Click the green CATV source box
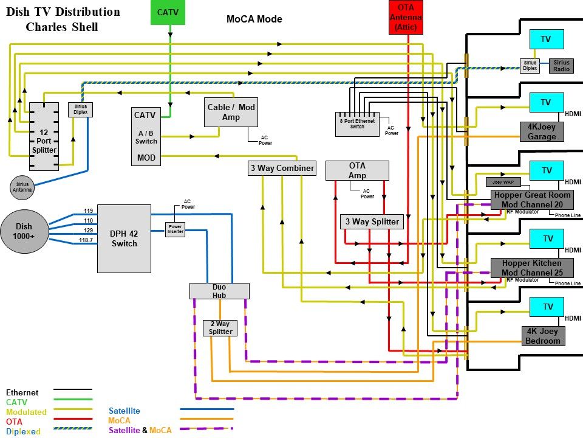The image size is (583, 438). (x=168, y=12)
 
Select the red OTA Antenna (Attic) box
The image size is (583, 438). (x=407, y=17)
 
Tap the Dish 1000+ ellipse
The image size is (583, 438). (x=24, y=232)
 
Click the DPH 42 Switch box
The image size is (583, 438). (x=124, y=238)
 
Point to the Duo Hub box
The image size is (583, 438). (x=219, y=291)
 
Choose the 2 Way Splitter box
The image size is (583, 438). (x=220, y=328)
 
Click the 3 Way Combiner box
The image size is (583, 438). (x=282, y=168)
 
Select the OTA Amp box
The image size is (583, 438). (x=356, y=170)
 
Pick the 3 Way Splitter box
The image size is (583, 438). (x=372, y=222)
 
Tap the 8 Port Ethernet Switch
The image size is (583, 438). (x=356, y=124)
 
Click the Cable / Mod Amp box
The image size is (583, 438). (x=231, y=112)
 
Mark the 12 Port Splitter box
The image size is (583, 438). (x=44, y=136)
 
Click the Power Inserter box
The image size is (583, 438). (x=175, y=229)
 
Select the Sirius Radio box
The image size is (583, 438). (x=561, y=66)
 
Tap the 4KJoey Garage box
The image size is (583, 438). (x=542, y=131)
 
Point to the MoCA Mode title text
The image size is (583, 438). (x=254, y=19)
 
